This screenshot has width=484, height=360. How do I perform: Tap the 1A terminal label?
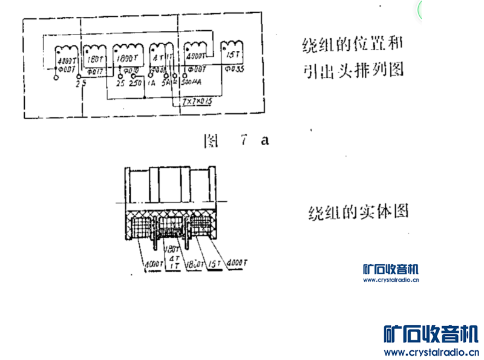click(150, 82)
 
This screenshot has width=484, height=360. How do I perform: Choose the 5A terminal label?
click(165, 82)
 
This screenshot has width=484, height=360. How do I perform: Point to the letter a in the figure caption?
click(264, 140)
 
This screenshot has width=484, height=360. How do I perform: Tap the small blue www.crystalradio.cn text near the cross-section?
click(390, 280)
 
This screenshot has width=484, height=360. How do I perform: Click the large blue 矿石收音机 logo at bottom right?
click(431, 334)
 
